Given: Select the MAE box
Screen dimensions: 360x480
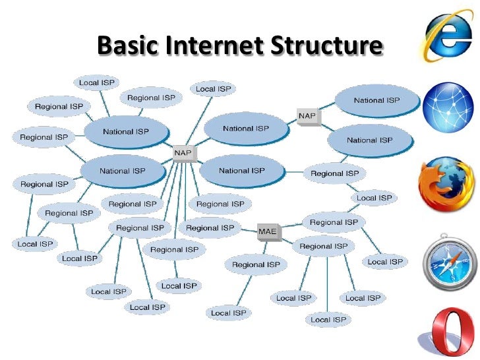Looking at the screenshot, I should [267, 231].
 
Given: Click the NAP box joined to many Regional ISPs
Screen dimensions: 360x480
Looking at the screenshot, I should [183, 154].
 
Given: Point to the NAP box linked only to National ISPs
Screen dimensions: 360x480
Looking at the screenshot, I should [307, 116].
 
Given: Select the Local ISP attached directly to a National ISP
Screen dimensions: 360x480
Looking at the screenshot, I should [98, 83].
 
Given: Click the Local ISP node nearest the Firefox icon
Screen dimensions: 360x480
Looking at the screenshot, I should [375, 198].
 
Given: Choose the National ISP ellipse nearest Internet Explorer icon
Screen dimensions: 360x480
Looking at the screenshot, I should [377, 100].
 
